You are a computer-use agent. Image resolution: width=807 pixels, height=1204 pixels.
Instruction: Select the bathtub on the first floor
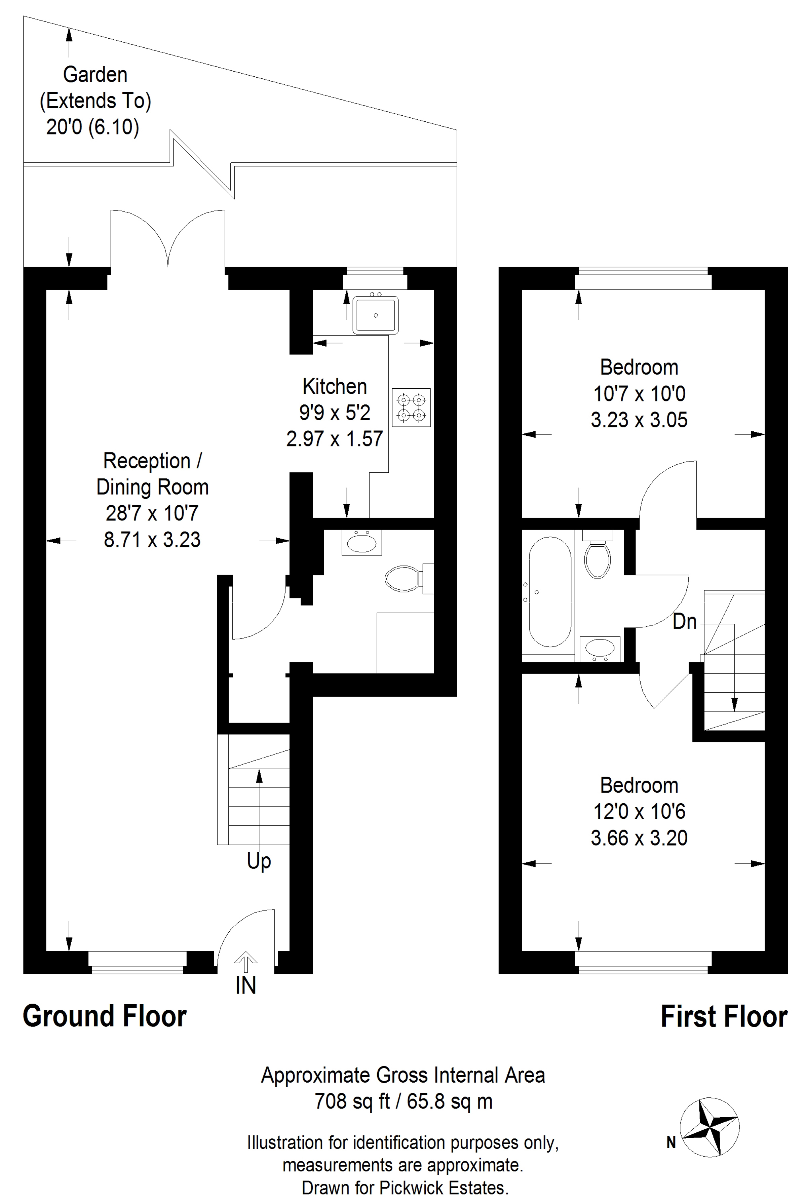pos(550,592)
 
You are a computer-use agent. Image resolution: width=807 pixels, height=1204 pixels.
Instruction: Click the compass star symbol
pos(710,1127)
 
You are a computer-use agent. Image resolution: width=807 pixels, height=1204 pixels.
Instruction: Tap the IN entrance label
pos(245,986)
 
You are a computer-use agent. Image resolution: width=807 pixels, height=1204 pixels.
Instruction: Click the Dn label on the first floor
pos(685,622)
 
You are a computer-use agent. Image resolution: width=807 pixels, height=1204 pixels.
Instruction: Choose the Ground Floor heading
pos(105,1017)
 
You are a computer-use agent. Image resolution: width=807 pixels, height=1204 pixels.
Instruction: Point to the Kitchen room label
pos(335,386)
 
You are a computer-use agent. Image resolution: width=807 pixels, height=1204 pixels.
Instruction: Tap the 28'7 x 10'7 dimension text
pos(152,513)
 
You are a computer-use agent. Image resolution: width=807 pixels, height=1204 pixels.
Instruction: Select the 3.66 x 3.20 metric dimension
pos(639,838)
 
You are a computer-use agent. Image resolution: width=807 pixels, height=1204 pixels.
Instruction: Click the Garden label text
pos(95,75)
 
